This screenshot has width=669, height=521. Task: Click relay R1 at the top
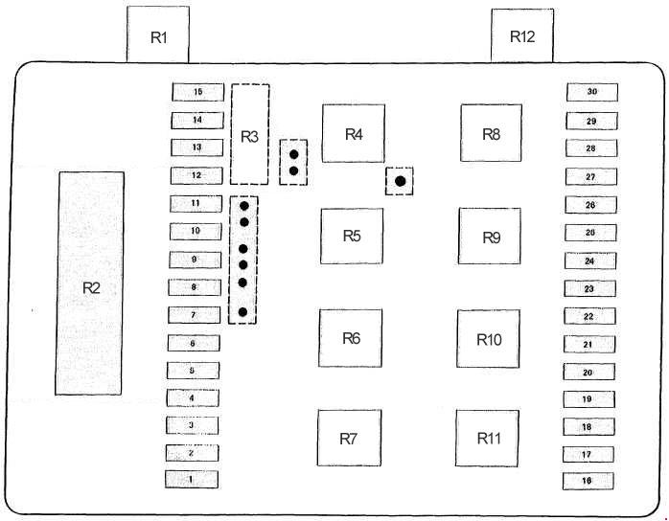(x=158, y=36)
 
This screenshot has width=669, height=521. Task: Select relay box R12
(x=522, y=36)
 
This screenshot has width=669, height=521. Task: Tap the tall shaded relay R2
(x=90, y=283)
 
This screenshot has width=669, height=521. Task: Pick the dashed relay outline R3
(x=250, y=134)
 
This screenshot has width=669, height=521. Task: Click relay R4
(x=354, y=133)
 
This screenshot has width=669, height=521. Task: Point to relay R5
(x=352, y=236)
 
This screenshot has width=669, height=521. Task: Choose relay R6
(x=351, y=338)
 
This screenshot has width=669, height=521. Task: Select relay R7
(x=349, y=438)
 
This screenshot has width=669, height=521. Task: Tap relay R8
(x=491, y=134)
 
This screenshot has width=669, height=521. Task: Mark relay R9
(x=490, y=236)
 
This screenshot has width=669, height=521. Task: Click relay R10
(x=489, y=338)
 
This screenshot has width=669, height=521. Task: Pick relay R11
(x=488, y=438)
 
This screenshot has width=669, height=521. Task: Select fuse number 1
(x=192, y=479)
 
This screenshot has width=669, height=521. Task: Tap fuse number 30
(x=591, y=92)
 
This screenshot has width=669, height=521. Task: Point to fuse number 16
(x=588, y=481)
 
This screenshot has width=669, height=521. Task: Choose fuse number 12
(x=196, y=175)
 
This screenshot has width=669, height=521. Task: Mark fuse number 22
(x=588, y=316)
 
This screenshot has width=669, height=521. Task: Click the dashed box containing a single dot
(x=400, y=180)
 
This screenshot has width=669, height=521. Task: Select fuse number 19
(x=588, y=398)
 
